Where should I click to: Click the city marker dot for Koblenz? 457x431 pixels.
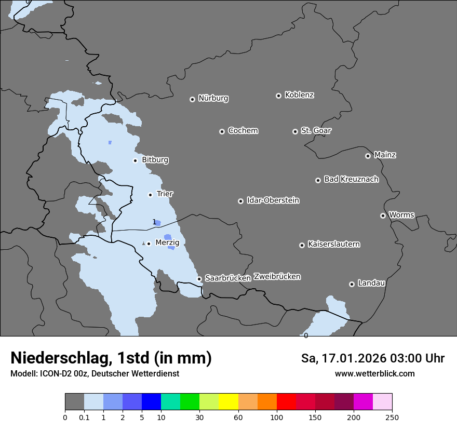(x=278, y=96)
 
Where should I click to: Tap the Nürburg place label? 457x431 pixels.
(x=213, y=98)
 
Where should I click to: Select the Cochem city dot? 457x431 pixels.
(x=222, y=131)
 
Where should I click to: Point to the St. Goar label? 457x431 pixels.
(x=316, y=130)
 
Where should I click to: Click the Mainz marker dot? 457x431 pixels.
(x=368, y=156)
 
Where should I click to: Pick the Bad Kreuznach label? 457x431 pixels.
(x=351, y=179)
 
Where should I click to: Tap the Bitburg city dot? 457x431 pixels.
(x=135, y=160)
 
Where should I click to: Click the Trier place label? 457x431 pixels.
(x=165, y=194)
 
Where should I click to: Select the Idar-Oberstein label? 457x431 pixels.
(x=273, y=200)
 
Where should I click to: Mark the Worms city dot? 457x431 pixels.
(x=383, y=216)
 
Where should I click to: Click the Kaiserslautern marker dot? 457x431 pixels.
(x=302, y=245)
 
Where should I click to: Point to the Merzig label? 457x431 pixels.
(x=167, y=243)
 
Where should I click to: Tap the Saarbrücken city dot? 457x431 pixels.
(x=199, y=279)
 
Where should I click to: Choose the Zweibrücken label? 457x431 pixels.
(x=277, y=277)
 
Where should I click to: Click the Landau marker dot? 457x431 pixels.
(x=352, y=284)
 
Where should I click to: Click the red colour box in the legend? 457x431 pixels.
(x=286, y=402)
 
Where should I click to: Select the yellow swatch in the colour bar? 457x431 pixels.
(x=228, y=402)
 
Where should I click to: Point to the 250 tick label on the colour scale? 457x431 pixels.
(x=392, y=417)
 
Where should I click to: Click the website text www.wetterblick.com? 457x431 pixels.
(x=374, y=373)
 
